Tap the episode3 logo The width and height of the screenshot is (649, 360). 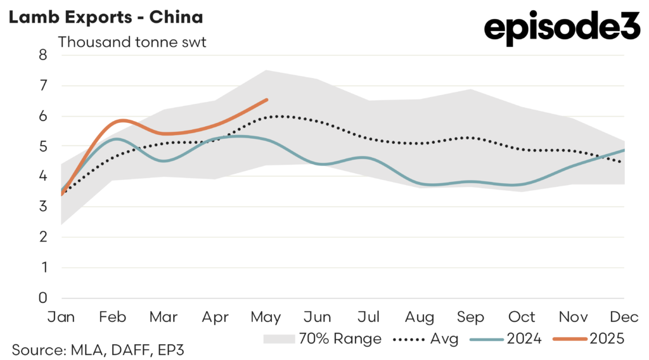(x=562, y=28)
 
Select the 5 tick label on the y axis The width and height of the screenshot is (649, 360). (x=43, y=146)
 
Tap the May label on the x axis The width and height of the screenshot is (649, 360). (x=266, y=316)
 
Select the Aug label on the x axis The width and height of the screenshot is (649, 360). (x=420, y=316)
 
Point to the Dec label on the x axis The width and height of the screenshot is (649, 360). (x=624, y=316)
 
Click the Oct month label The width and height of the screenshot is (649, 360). (x=522, y=316)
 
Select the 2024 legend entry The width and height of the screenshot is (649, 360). (x=507, y=339)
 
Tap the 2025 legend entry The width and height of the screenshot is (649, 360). (x=589, y=339)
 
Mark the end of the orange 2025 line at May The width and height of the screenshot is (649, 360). (x=267, y=100)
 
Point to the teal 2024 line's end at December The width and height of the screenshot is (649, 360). (x=624, y=150)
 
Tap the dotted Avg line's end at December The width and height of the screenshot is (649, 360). (x=620, y=163)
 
